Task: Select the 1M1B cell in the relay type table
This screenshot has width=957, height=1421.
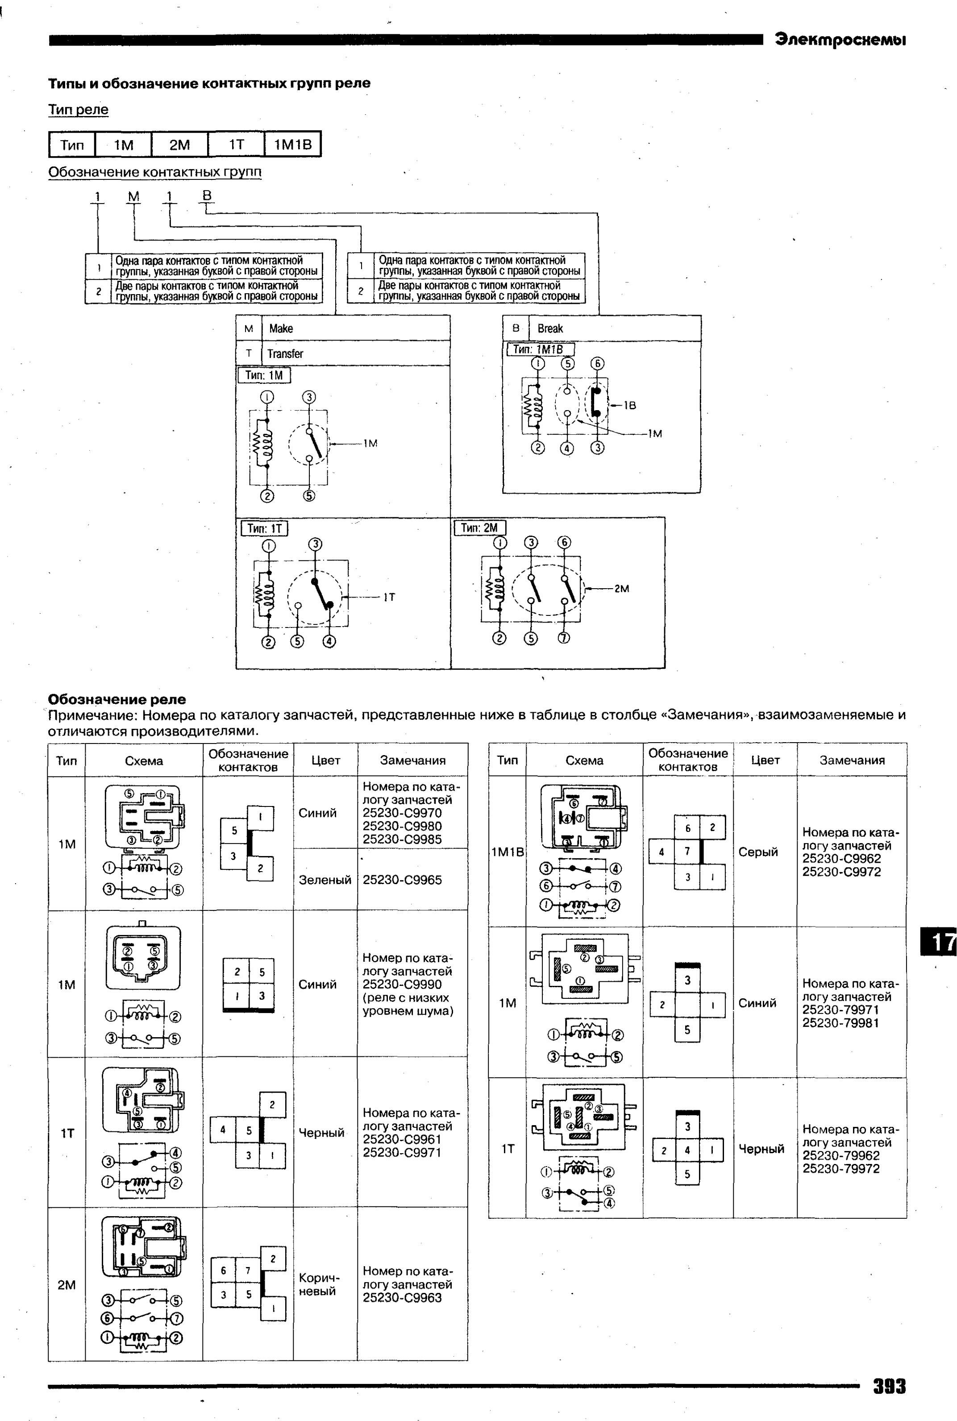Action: [293, 145]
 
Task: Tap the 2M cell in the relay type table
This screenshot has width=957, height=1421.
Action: [179, 145]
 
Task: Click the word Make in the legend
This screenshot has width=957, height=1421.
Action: [281, 328]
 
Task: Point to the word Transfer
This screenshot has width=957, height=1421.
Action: [285, 354]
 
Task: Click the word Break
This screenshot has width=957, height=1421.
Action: [550, 328]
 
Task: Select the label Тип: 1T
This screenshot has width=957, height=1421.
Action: [264, 528]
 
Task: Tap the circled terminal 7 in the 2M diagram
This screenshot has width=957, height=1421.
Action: [564, 638]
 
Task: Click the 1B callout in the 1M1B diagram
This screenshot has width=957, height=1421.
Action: [630, 405]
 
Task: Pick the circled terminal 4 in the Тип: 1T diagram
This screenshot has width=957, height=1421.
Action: [329, 642]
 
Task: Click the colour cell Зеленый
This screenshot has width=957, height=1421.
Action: [325, 880]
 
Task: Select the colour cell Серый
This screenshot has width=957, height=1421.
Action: [758, 852]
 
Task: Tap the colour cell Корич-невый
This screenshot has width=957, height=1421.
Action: [319, 1284]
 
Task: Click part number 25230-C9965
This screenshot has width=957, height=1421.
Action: [402, 880]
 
